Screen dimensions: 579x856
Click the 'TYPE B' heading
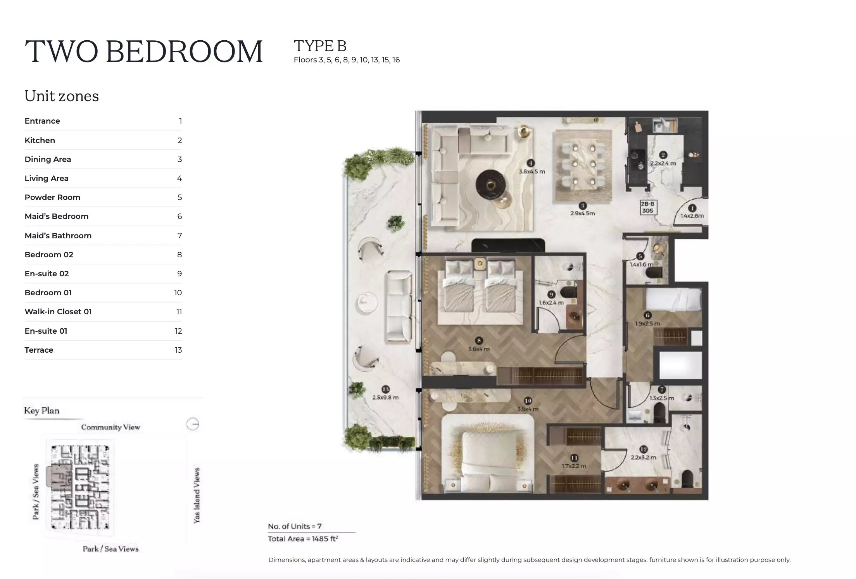tap(320, 46)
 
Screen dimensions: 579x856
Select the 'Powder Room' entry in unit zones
tap(52, 197)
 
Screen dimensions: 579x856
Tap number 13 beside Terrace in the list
tap(178, 350)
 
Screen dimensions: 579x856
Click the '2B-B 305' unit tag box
tap(647, 207)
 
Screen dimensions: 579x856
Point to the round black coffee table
tap(490, 184)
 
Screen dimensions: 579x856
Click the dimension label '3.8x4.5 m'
tap(532, 171)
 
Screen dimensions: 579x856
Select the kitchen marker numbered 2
tap(663, 155)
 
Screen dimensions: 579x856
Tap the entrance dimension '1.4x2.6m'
tap(692, 216)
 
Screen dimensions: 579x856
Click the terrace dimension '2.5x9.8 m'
tap(385, 397)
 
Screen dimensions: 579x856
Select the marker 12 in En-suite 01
tap(644, 449)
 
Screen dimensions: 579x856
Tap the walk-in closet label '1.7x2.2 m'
tap(574, 466)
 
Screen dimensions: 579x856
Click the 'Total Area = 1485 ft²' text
tap(303, 539)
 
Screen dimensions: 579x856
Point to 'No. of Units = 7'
tap(295, 526)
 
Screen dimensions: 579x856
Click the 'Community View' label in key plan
tap(110, 427)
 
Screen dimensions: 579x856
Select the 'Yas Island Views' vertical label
tap(197, 495)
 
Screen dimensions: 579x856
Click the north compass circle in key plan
tap(193, 424)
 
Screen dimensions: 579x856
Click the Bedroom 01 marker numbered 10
tap(528, 401)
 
